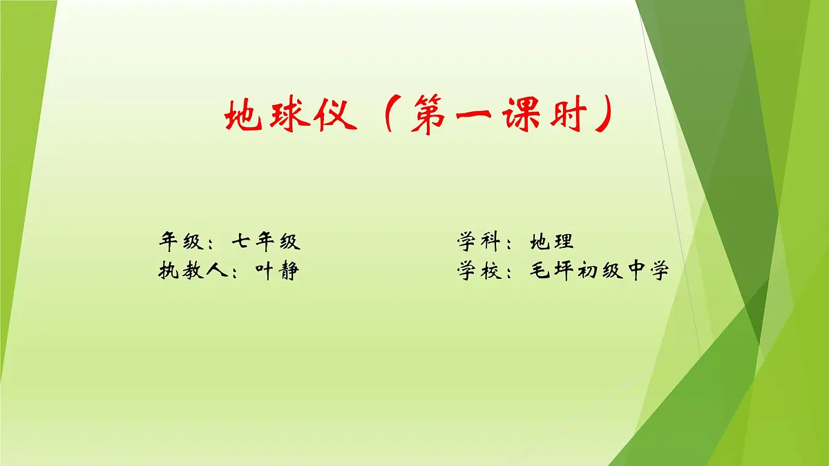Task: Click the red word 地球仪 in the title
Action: tap(291, 115)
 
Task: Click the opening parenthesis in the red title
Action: tap(384, 115)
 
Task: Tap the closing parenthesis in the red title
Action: tap(606, 115)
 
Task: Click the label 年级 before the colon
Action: tap(182, 242)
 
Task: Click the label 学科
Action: tap(478, 242)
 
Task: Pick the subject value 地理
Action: tap(552, 242)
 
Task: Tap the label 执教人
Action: tap(193, 271)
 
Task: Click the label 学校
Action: tap(478, 271)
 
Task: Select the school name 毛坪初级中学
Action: tap(600, 271)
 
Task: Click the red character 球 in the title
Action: tap(291, 115)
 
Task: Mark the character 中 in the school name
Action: tap(636, 271)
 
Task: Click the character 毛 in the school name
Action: tap(541, 271)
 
